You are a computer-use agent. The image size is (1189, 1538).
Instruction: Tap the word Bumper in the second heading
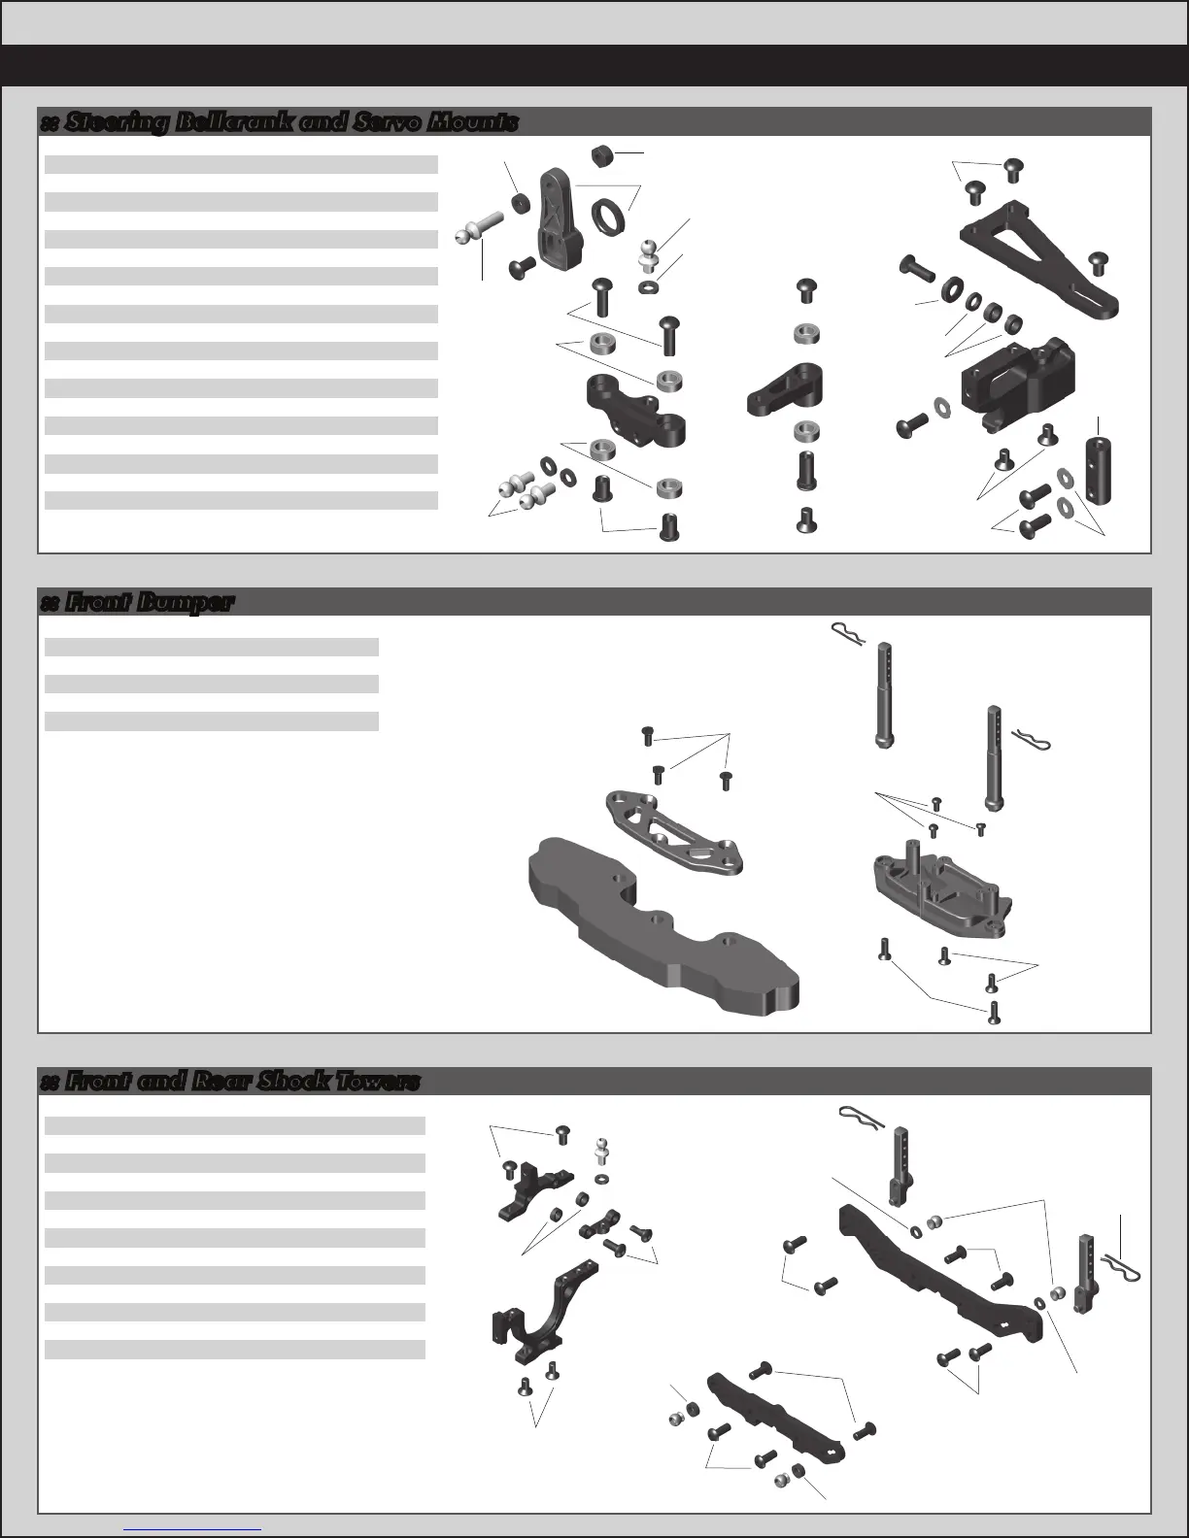(x=185, y=602)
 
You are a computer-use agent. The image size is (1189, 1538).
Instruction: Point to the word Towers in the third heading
(x=374, y=1082)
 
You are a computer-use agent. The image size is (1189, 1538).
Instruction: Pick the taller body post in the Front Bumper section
(x=883, y=695)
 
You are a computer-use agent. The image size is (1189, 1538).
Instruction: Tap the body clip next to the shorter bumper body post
(x=1031, y=740)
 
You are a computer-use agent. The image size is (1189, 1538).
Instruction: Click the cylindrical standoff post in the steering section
(x=1099, y=470)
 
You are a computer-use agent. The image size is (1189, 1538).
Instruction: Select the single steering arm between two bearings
(x=786, y=386)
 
